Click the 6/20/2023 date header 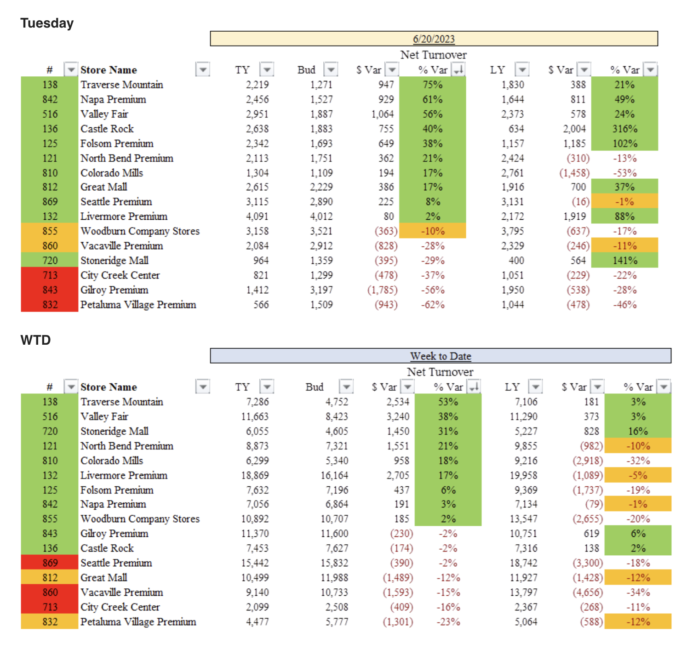pos(434,39)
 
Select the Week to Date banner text pos(441,356)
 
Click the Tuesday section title pos(47,23)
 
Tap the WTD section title pos(35,340)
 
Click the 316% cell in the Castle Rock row pos(624,129)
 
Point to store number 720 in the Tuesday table pos(50,261)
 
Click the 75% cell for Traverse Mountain pos(432,85)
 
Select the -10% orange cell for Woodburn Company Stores pos(432,231)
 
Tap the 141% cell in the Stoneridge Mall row pos(624,261)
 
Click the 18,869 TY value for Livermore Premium pos(255,475)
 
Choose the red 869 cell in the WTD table pos(50,563)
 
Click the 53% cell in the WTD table pos(448,402)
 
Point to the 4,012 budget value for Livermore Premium pos(321,216)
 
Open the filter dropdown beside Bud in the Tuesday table pos(331,70)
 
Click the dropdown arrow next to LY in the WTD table pos(535,387)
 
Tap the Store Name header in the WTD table pos(109,387)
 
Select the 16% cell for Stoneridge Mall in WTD pos(638,431)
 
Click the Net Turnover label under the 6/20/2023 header pos(433,55)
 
